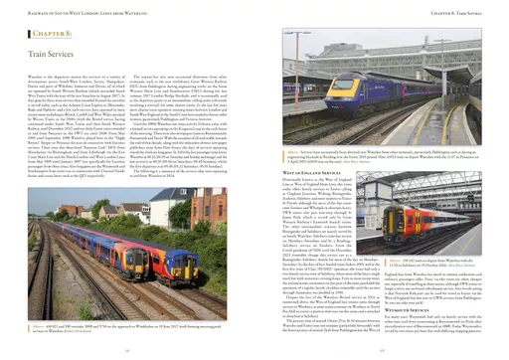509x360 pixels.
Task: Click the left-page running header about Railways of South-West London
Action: click(80, 13)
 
